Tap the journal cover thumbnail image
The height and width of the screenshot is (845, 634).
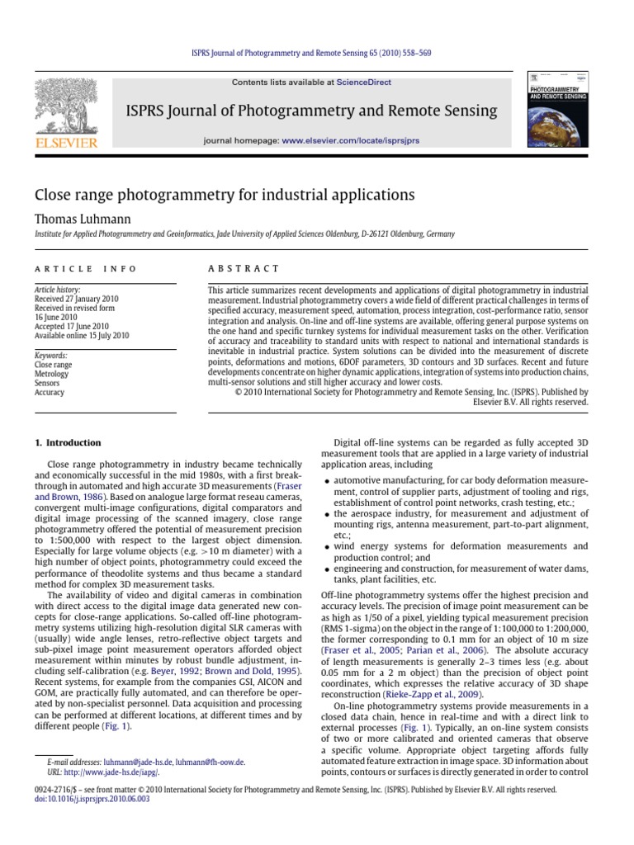coord(559,109)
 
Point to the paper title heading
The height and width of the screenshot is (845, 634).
coord(223,195)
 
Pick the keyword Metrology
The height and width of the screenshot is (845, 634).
coord(51,373)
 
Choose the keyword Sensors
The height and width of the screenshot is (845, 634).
coord(48,383)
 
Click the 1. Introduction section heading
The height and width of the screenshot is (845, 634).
coord(68,442)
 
